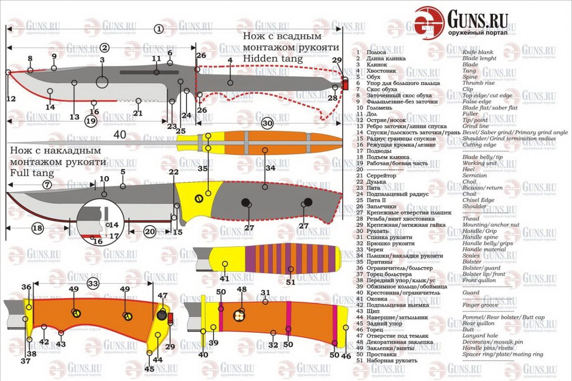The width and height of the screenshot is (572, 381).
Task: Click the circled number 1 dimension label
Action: tap(159, 29)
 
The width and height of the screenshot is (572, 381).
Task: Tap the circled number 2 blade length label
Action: tap(105, 48)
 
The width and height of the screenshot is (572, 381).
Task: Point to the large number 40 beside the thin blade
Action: tap(120, 135)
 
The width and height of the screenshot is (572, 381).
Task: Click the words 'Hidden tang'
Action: tap(272, 59)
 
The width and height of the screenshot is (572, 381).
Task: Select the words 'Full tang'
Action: tap(32, 173)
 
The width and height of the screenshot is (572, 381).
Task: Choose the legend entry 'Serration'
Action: tap(474, 175)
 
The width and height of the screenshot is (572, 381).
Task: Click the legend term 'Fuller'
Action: tap(470, 114)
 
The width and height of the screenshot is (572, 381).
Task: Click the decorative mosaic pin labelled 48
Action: tap(239, 316)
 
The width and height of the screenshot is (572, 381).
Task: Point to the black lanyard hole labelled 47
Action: tap(162, 315)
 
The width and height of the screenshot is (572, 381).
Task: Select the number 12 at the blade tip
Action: tap(11, 99)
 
